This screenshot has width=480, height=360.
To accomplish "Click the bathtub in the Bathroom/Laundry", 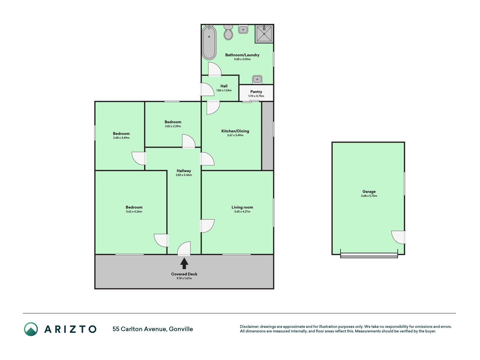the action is pyautogui.click(x=209, y=42).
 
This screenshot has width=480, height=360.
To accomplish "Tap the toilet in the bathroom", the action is pyautogui.click(x=228, y=32).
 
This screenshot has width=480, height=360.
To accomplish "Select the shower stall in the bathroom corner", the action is pyautogui.click(x=264, y=34).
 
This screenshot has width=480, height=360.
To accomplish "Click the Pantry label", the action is pyautogui.click(x=256, y=92).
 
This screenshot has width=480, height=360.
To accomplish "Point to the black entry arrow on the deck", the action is pyautogui.click(x=184, y=264).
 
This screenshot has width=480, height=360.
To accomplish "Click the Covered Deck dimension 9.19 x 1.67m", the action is pyautogui.click(x=184, y=278).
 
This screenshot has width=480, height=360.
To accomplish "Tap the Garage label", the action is pyautogui.click(x=369, y=192).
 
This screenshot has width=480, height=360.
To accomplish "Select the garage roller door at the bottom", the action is pyautogui.click(x=369, y=255).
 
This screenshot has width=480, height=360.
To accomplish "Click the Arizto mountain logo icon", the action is pyautogui.click(x=31, y=329).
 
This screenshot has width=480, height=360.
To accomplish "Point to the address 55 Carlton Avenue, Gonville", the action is pyautogui.click(x=153, y=329).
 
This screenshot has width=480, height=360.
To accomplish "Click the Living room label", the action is pyautogui.click(x=242, y=207).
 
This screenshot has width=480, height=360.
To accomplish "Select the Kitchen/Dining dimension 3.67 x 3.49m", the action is pyautogui.click(x=235, y=135).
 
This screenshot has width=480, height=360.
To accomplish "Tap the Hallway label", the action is pyautogui.click(x=184, y=171).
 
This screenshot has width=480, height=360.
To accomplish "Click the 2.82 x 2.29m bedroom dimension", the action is pyautogui.click(x=173, y=126).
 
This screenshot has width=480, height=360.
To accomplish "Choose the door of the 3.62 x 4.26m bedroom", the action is pyautogui.click(x=161, y=240).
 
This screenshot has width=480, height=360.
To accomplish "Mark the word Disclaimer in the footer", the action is pyautogui.click(x=249, y=327).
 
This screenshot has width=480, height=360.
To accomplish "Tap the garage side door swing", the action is pyautogui.click(x=398, y=237).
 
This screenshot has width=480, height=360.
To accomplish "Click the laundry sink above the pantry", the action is pyautogui.click(x=257, y=79).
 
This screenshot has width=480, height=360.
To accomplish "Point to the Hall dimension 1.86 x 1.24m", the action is pyautogui.click(x=224, y=91).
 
